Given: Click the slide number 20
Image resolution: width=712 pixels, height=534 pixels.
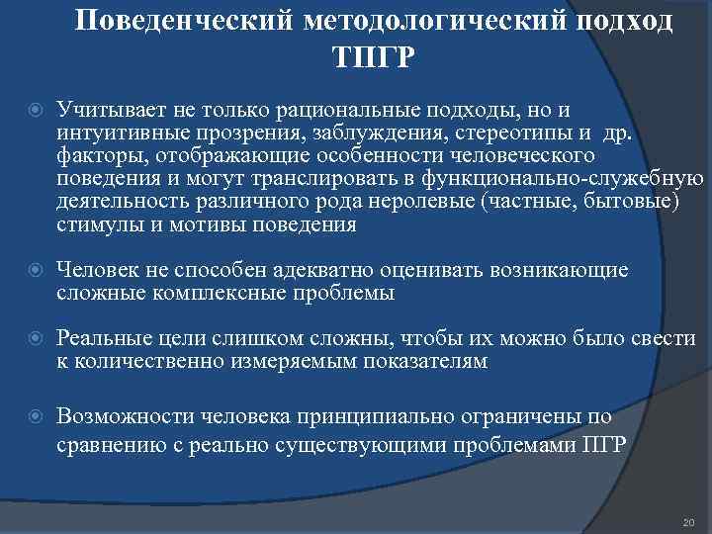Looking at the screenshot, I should point(688,521).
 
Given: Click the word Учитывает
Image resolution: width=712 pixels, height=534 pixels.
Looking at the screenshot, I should point(104,110).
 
